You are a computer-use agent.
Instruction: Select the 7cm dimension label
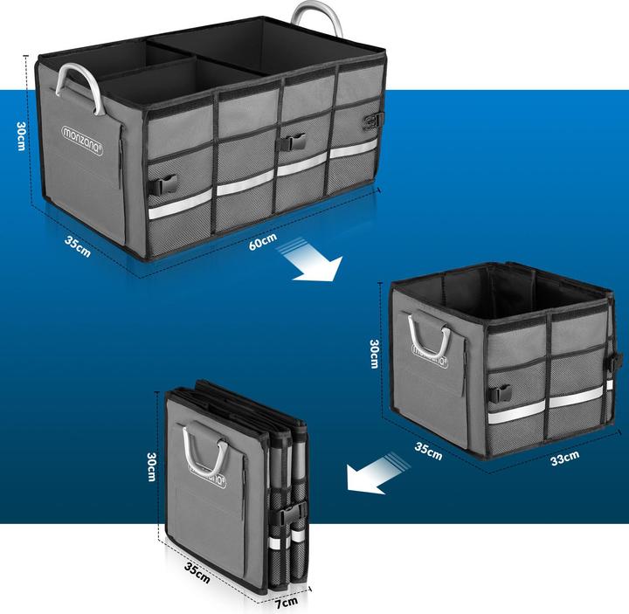click(286, 601)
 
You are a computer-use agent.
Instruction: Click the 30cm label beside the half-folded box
click(374, 354)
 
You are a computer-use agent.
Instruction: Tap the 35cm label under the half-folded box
click(428, 451)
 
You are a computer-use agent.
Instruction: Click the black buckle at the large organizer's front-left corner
click(165, 184)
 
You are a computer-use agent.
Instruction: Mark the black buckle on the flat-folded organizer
click(293, 514)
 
